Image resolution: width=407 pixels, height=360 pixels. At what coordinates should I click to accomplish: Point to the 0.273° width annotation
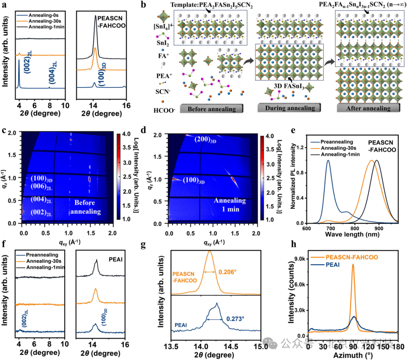point(236,319)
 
